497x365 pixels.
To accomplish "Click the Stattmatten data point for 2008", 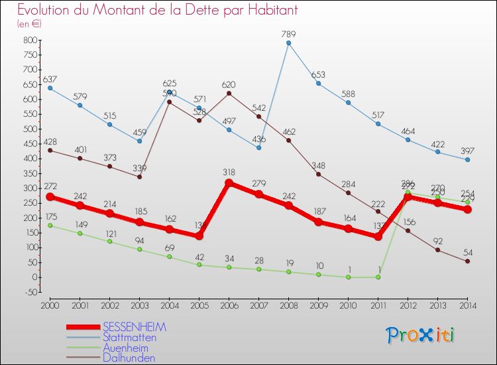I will [x=288, y=43].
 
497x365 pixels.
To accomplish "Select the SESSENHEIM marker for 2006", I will [x=229, y=183].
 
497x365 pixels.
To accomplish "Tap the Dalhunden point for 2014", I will [x=467, y=261].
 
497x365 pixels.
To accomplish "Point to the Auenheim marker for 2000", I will [x=50, y=226].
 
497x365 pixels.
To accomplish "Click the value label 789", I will [x=288, y=34].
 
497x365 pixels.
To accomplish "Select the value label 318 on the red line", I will [x=229, y=173].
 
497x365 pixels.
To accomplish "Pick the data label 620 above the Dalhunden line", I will [x=229, y=84].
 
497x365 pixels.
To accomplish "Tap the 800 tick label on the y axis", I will [x=29, y=40].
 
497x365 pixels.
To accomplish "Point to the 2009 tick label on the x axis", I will [x=318, y=305].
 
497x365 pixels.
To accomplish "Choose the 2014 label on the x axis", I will [x=467, y=305].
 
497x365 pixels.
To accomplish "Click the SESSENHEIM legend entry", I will [x=135, y=327].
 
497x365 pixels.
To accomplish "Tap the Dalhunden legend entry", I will [x=129, y=358].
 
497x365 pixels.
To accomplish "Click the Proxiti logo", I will [x=421, y=335].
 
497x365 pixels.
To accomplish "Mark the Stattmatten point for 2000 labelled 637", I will [x=50, y=88].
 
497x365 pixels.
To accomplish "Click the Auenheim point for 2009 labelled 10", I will [x=318, y=274].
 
